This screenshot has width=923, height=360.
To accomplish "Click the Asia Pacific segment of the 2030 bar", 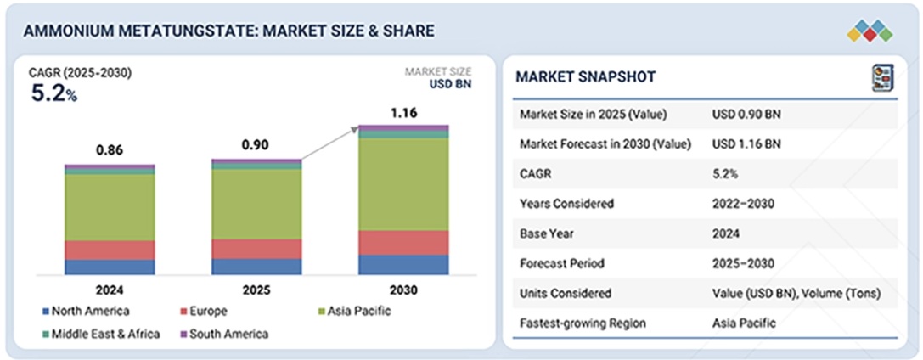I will (403, 183).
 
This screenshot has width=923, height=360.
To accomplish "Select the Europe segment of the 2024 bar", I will (110, 250).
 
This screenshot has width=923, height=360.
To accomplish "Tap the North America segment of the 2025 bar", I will (256, 266).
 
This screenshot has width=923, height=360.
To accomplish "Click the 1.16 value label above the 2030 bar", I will (403, 111).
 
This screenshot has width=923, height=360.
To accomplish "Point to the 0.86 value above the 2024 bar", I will (110, 150).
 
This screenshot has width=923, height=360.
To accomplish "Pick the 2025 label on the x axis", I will (256, 290).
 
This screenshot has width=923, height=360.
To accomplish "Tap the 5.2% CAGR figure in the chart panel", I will (53, 94).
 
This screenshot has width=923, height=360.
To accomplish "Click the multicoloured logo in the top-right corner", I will (870, 31).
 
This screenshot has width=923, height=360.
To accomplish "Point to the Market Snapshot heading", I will (586, 77).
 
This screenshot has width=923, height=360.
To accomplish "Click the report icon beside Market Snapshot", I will (880, 78).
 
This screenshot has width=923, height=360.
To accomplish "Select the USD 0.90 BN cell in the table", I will (747, 114).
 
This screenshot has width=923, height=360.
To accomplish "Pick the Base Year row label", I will (547, 233).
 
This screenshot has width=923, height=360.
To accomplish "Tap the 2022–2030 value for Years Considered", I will (744, 203).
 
